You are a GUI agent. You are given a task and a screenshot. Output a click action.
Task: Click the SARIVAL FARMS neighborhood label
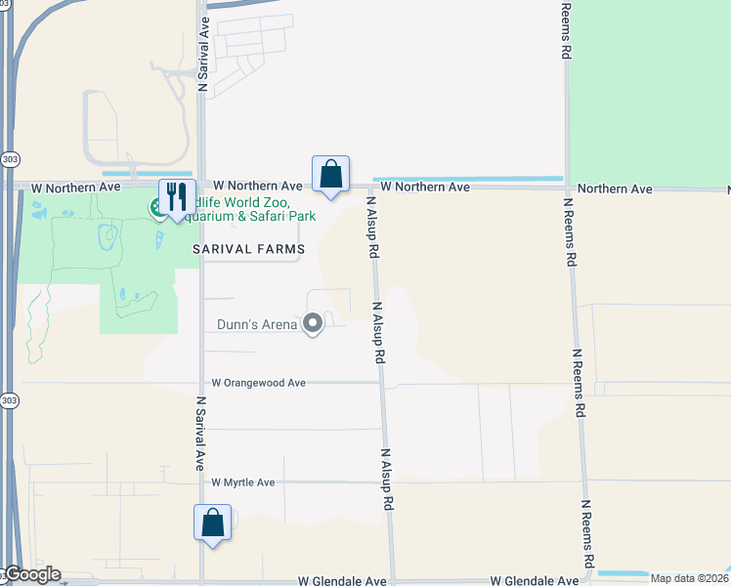(248, 250)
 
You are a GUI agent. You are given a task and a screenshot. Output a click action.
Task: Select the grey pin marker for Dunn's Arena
(313, 322)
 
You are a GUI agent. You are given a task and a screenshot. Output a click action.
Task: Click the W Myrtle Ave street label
(243, 482)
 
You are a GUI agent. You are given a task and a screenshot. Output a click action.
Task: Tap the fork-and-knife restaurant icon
(177, 196)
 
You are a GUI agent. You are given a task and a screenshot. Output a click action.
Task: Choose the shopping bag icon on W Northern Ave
(331, 175)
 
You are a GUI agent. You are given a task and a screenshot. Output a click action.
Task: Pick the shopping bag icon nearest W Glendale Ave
(212, 523)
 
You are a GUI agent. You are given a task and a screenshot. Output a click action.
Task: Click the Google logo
(31, 574)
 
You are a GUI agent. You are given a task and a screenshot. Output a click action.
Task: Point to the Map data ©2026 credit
(689, 578)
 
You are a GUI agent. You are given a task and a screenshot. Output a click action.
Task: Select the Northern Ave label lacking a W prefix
(615, 188)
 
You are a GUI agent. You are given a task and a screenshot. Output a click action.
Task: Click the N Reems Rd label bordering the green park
(566, 31)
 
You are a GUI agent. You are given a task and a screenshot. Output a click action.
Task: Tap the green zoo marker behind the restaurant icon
(155, 207)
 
